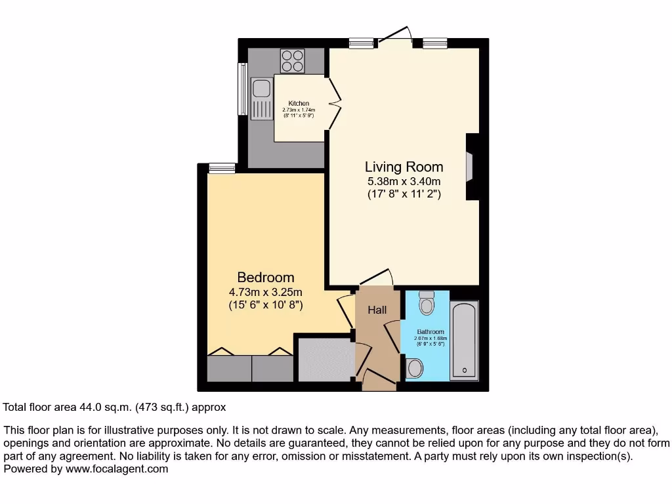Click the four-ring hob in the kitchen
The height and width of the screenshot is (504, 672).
pyautogui.click(x=293, y=61)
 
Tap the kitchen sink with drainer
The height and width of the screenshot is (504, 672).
pyautogui.click(x=261, y=98)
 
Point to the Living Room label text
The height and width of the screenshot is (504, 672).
pyautogui.click(x=404, y=167)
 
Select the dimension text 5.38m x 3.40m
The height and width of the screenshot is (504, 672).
pyautogui.click(x=404, y=181)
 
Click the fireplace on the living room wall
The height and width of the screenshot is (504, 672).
pyautogui.click(x=470, y=166)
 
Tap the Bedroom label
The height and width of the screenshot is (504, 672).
pyautogui.click(x=266, y=278)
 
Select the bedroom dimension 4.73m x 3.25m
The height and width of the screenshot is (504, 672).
pyautogui.click(x=266, y=292)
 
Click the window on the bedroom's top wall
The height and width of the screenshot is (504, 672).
pyautogui.click(x=222, y=169)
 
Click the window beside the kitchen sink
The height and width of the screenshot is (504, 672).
pyautogui.click(x=242, y=89)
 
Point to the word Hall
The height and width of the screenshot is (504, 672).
pyautogui.click(x=377, y=310)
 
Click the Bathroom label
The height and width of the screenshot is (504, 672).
pyautogui.click(x=430, y=332)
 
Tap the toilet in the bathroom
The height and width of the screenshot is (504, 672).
pyautogui.click(x=427, y=304)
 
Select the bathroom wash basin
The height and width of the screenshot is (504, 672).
pyautogui.click(x=414, y=368)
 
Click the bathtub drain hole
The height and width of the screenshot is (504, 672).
pyautogui.click(x=465, y=371)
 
